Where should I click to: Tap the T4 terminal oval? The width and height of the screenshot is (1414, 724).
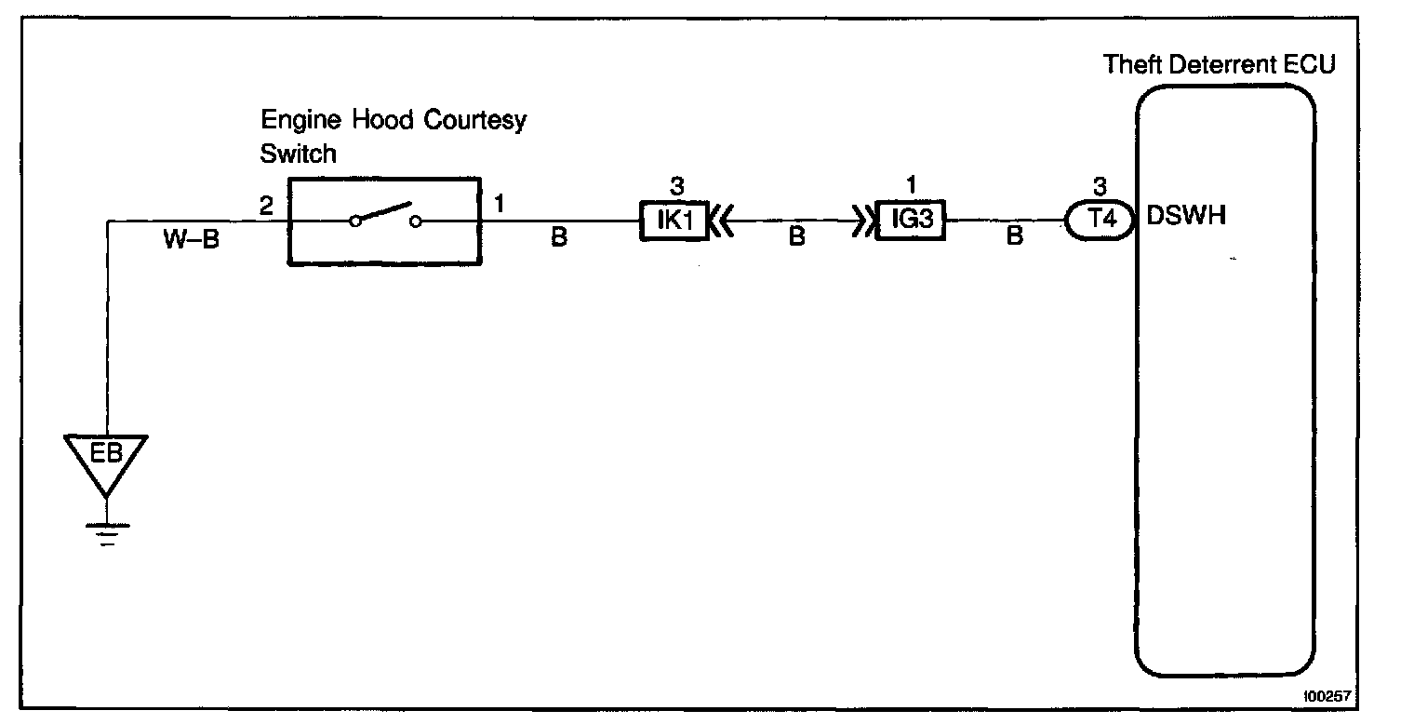coord(1099,221)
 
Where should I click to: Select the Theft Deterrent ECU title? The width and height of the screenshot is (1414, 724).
coord(1220,64)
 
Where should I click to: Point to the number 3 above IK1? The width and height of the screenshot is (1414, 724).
coord(676,186)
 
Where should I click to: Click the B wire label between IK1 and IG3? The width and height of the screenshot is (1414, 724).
coord(796,238)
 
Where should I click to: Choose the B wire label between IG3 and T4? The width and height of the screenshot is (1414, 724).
coord(1015,238)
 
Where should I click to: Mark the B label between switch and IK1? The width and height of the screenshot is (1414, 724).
coord(558,238)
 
